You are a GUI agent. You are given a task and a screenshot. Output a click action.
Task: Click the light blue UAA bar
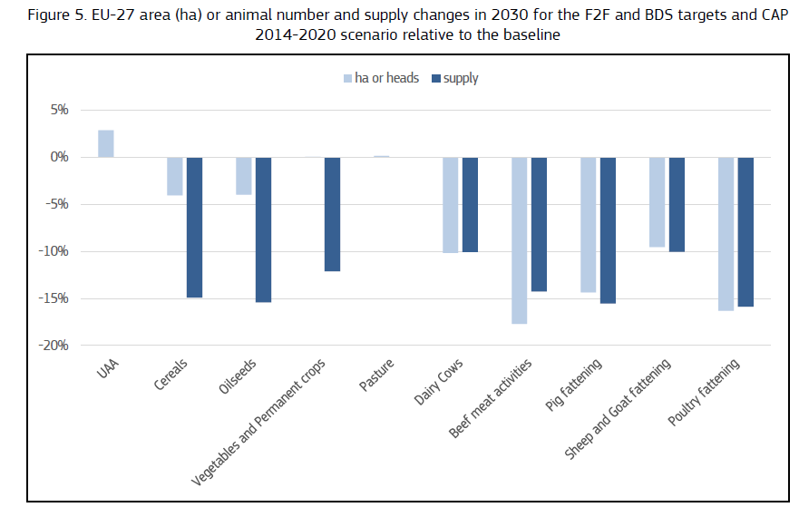pyautogui.click(x=106, y=143)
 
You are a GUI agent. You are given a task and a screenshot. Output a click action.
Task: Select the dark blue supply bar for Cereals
pyautogui.click(x=194, y=227)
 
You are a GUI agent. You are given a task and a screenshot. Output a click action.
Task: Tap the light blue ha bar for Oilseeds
pyautogui.click(x=244, y=176)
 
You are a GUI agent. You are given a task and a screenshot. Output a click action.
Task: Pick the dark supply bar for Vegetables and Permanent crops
pyautogui.click(x=332, y=214)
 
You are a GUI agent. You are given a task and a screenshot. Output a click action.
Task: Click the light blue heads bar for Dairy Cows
pyautogui.click(x=451, y=204)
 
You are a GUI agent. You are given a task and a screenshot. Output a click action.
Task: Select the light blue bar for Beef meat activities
pyautogui.click(x=520, y=240)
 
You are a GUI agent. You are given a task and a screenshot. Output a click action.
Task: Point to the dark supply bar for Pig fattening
pyautogui.click(x=608, y=230)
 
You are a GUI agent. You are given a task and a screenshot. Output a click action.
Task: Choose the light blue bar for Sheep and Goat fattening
pyautogui.click(x=658, y=202)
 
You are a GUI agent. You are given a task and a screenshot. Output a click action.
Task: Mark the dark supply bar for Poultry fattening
pyautogui.click(x=745, y=231)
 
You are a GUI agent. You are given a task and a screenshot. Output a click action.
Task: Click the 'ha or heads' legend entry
pyautogui.click(x=381, y=78)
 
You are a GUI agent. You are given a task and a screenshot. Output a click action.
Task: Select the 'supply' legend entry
pyautogui.click(x=455, y=78)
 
